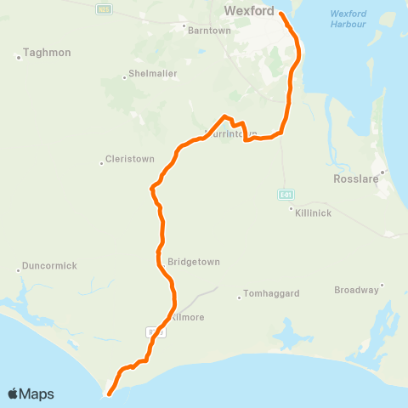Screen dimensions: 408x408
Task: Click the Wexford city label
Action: pyautogui.click(x=249, y=11)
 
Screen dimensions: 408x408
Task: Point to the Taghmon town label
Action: pyautogui.click(x=48, y=52)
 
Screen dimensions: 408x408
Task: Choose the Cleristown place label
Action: pyautogui.click(x=130, y=160)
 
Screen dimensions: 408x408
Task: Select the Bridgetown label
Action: pyautogui.click(x=194, y=262)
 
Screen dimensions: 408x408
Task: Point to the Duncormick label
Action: pyautogui.click(x=49, y=265)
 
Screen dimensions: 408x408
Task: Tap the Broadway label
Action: pyautogui.click(x=356, y=290)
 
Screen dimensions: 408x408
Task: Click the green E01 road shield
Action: pyautogui.click(x=286, y=195)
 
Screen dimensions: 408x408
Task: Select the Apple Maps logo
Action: pyautogui.click(x=31, y=394)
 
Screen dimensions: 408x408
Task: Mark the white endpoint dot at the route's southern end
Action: pyautogui.click(x=109, y=393)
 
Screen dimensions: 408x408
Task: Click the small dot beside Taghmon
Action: pyautogui.click(x=19, y=58)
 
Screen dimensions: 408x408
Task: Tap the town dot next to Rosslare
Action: pyautogui.click(x=382, y=173)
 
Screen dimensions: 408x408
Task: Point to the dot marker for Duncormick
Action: pyautogui.click(x=19, y=271)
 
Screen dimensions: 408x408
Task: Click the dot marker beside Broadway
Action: pyautogui.click(x=382, y=285)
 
